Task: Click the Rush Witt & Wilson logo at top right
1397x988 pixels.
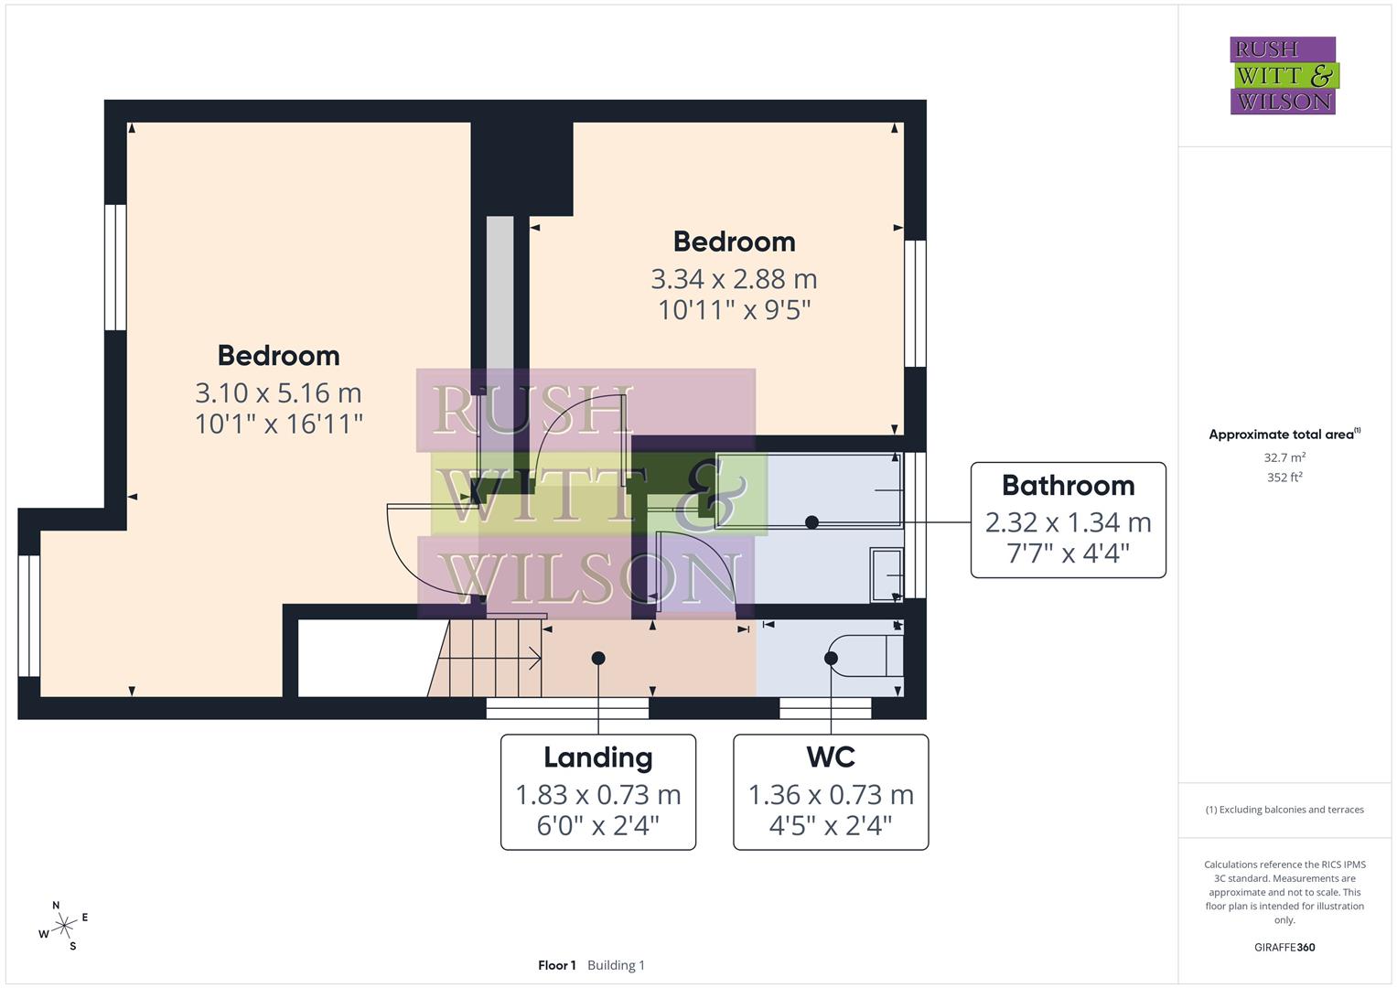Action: coord(1283,76)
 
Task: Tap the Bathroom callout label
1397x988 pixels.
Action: coord(1068,520)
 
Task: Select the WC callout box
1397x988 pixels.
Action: coord(831,792)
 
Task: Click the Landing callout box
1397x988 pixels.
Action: coord(597,792)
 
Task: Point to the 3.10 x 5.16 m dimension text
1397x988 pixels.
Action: coord(278,392)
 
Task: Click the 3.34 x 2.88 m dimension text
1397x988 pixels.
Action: coord(734,278)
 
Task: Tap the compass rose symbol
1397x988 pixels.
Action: coord(63,927)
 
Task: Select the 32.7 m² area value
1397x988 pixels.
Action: coord(1284,457)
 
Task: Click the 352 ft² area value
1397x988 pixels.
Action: coord(1284,478)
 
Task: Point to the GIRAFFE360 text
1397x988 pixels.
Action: coord(1284,948)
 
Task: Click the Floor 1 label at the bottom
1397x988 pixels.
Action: coord(556,965)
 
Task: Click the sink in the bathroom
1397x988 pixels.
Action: coord(886,575)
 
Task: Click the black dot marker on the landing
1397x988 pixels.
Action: coord(598,658)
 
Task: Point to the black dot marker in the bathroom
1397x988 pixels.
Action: coord(811,522)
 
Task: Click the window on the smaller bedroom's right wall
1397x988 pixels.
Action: coord(915,304)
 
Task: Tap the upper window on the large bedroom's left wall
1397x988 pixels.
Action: coord(115,267)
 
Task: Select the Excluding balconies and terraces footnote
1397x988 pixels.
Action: coord(1284,810)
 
